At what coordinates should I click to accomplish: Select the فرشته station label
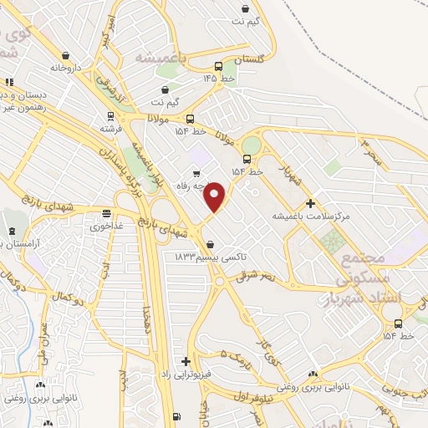pyautogui.click(x=111, y=130)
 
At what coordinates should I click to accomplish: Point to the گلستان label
pyautogui.click(x=248, y=59)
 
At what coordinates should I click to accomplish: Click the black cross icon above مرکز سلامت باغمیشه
pyautogui.click(x=310, y=202)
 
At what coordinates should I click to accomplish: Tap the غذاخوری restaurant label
pyautogui.click(x=106, y=225)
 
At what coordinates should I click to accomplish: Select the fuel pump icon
pyautogui.click(x=176, y=416)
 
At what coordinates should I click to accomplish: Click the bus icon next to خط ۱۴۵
pyautogui.click(x=219, y=66)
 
